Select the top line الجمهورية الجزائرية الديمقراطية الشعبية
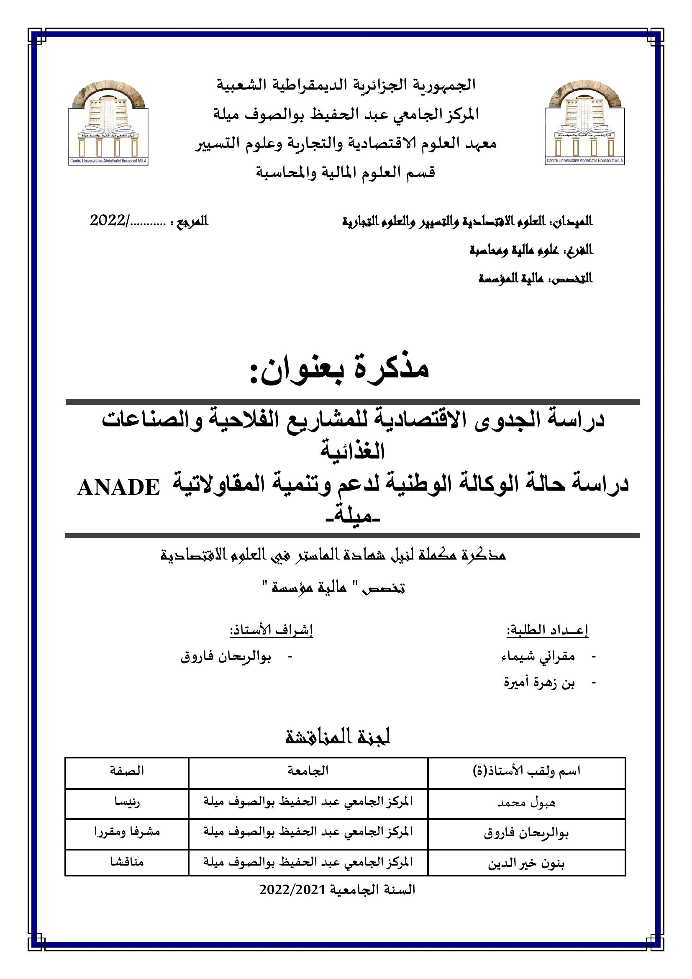pyautogui.click(x=346, y=85)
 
